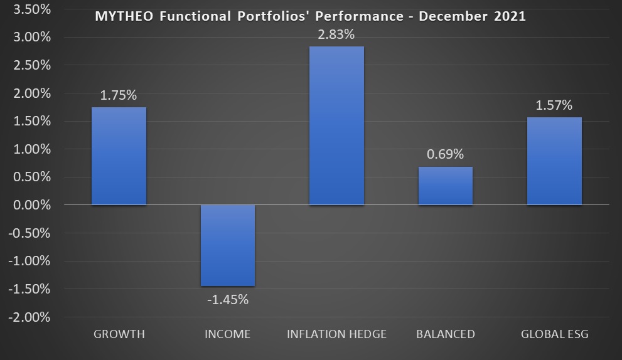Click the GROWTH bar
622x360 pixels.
[119, 156]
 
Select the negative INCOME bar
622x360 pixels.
[228, 245]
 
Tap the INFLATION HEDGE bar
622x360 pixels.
[336, 125]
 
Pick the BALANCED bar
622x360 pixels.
[445, 186]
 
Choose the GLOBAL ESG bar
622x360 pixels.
[554, 161]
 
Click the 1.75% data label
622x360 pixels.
[119, 96]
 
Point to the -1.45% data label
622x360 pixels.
[228, 300]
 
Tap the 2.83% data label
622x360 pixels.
[336, 35]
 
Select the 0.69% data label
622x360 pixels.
[445, 154]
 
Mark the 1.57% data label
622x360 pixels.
[554, 105]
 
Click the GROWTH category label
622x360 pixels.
[119, 334]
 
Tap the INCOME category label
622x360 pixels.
[227, 334]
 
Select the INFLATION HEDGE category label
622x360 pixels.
[336, 334]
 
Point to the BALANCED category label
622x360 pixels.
[446, 334]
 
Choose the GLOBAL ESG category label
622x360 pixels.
[555, 334]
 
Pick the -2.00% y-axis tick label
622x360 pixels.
[29, 317]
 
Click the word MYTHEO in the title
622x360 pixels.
[123, 16]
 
